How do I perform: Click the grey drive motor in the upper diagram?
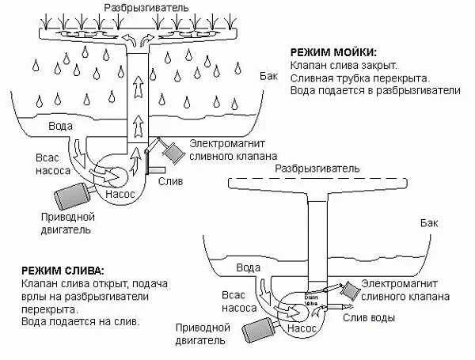72,195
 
